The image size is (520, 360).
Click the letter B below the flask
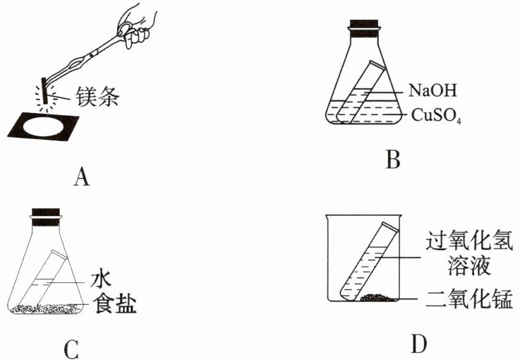coord(393,160)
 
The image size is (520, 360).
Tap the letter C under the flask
coord(71,349)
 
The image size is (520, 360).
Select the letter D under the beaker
coord(418,344)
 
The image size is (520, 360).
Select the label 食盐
coord(111,304)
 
